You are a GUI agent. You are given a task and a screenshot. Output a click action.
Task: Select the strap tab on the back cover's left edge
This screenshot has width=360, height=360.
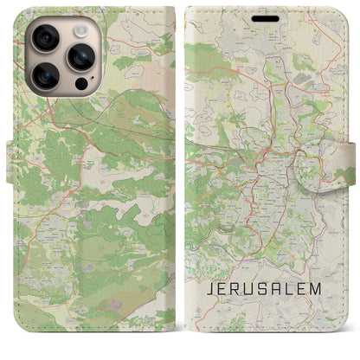pyautogui.click(x=11, y=161)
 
